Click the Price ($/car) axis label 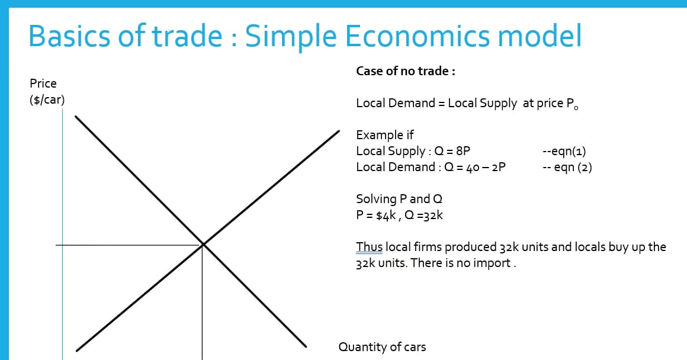pos(47,91)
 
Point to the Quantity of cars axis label pos(382,347)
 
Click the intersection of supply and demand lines pos(203,244)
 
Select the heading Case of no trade pos(405,71)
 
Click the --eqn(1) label pos(564,150)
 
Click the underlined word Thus pos(369,246)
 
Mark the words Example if pos(384,134)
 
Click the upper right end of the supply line pos(338,131)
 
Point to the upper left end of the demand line pos(76,117)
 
